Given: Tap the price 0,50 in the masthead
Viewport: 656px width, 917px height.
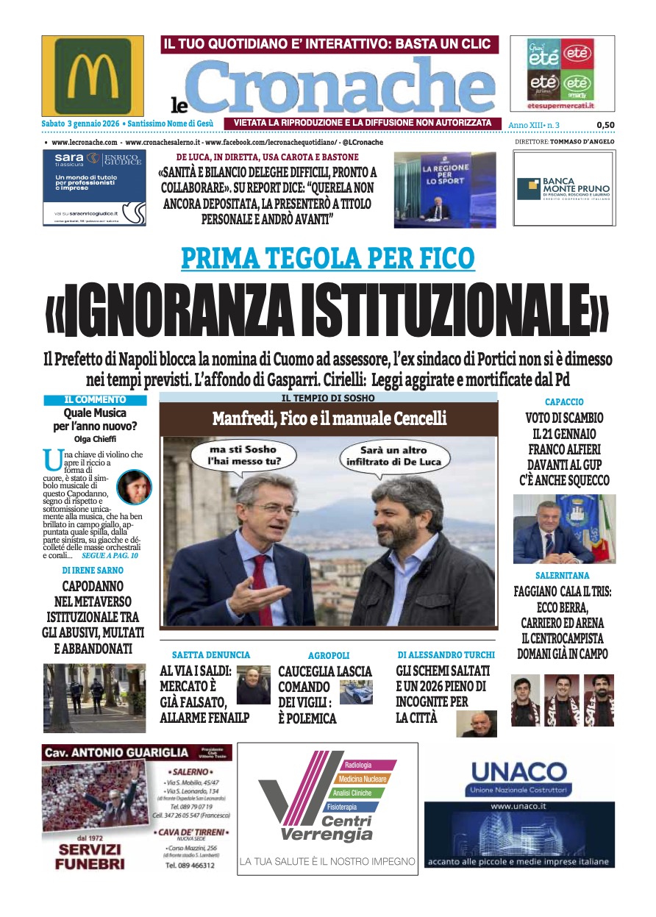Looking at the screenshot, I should click(x=605, y=125).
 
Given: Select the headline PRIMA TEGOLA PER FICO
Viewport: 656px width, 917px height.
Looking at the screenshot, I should click(x=328, y=258).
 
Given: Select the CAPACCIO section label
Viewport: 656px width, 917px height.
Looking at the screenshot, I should click(x=564, y=402).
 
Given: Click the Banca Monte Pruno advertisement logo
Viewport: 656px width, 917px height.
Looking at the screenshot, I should click(x=564, y=189).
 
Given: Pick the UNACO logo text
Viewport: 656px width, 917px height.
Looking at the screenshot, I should click(x=519, y=773).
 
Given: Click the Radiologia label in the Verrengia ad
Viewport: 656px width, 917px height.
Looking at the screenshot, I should click(x=358, y=766).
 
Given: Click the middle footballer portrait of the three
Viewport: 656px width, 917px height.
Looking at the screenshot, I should click(x=562, y=700).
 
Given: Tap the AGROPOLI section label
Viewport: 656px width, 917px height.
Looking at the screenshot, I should click(x=329, y=654).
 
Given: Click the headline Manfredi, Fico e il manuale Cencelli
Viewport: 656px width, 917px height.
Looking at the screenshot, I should click(x=329, y=419).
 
